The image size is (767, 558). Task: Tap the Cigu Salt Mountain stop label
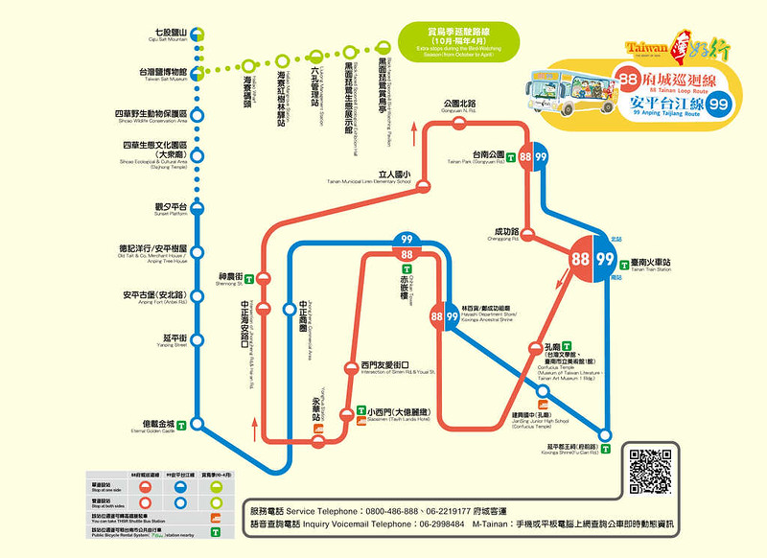[x=169, y=35]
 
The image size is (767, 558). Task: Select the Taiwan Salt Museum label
[x=158, y=74]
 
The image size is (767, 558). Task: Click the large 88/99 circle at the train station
[x=593, y=259]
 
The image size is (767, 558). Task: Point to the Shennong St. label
[x=230, y=279]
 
